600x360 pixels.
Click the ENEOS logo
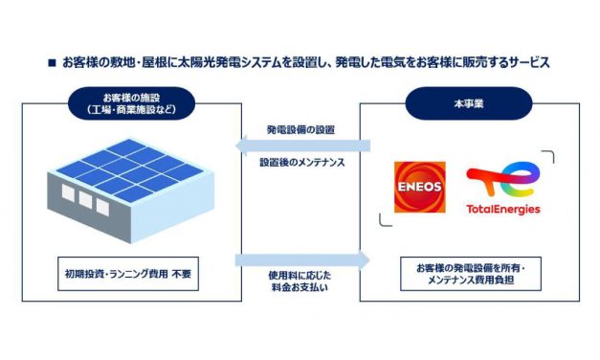(x=419, y=187)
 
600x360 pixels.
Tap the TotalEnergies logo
(x=502, y=189)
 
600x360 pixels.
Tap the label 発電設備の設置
(x=300, y=129)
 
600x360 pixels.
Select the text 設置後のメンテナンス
(x=301, y=163)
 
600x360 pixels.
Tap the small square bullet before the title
(x=52, y=63)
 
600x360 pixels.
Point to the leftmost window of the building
(x=68, y=195)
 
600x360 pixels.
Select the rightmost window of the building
(x=102, y=204)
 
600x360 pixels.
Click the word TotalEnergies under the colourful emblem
(x=502, y=210)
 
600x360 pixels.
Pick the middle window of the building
(x=85, y=200)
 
